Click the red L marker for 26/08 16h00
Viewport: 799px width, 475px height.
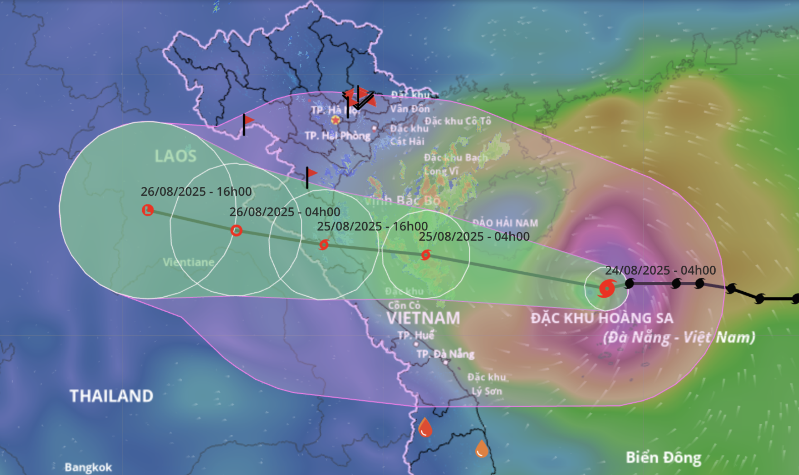(x=148, y=210)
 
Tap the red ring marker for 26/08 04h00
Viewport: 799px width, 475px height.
(x=236, y=230)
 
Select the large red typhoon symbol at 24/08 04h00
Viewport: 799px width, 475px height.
(x=606, y=289)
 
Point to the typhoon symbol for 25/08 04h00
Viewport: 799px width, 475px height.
(x=426, y=255)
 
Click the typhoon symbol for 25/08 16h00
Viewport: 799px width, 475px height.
(x=324, y=245)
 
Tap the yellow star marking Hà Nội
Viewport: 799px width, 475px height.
(x=335, y=120)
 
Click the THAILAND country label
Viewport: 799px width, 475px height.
(x=111, y=396)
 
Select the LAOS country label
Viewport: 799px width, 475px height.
(x=175, y=156)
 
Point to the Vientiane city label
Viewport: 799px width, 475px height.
(x=189, y=262)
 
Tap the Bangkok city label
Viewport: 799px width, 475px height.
(x=88, y=467)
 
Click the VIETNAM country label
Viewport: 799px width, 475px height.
(x=423, y=318)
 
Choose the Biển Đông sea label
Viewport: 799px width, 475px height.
(x=663, y=458)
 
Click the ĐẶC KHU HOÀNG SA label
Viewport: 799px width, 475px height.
(x=602, y=318)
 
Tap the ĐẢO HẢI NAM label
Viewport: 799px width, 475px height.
(x=505, y=223)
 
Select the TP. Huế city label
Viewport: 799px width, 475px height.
(x=415, y=335)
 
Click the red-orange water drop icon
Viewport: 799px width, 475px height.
(x=425, y=428)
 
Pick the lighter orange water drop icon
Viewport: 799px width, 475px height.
(x=481, y=449)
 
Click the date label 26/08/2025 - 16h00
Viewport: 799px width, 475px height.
(x=196, y=191)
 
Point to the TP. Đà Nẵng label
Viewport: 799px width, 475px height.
(x=445, y=354)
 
